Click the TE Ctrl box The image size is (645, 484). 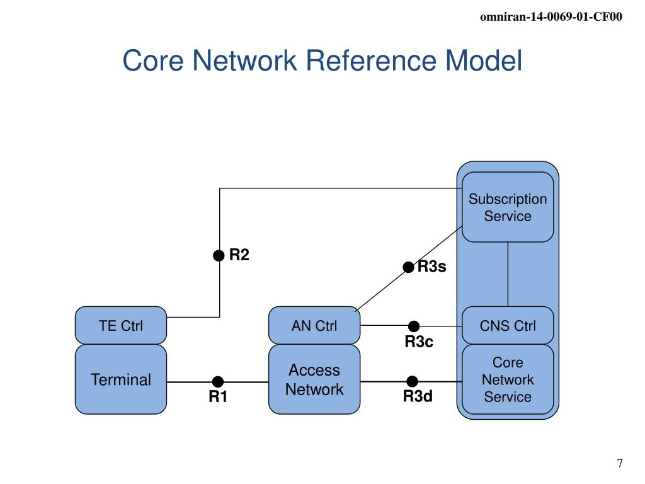click(120, 326)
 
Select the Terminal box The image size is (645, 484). click(120, 379)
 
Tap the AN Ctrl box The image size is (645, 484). click(314, 326)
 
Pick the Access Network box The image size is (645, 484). click(314, 379)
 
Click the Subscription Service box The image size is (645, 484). click(508, 207)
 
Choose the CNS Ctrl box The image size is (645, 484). click(508, 326)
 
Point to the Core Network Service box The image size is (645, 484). click(508, 379)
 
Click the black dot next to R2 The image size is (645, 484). click(219, 255)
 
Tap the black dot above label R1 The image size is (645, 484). click(218, 382)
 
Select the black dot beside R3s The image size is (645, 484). click(409, 268)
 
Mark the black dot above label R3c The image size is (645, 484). click(414, 326)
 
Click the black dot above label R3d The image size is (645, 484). click(413, 381)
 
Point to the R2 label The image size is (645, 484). click(239, 255)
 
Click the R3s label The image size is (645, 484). click(432, 267)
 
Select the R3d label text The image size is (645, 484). click(418, 397)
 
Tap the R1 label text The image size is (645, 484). click(218, 398)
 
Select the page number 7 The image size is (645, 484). click(620, 464)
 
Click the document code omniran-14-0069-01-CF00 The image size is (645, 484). click(551, 17)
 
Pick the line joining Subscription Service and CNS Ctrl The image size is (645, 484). click(508, 274)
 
